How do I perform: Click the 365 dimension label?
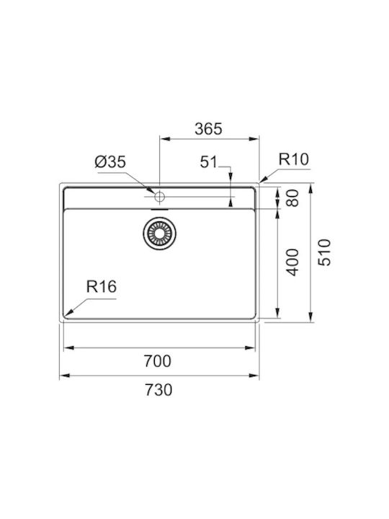tap(208, 129)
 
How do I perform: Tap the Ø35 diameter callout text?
tap(110, 162)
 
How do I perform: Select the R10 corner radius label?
tap(293, 159)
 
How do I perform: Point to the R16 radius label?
tap(102, 287)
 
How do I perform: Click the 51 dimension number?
tap(209, 162)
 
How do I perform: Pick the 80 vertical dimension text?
tap(292, 198)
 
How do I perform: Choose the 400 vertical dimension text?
tap(292, 262)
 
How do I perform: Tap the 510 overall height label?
tap(324, 252)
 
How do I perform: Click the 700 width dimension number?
tap(158, 361)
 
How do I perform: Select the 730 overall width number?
tap(158, 390)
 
